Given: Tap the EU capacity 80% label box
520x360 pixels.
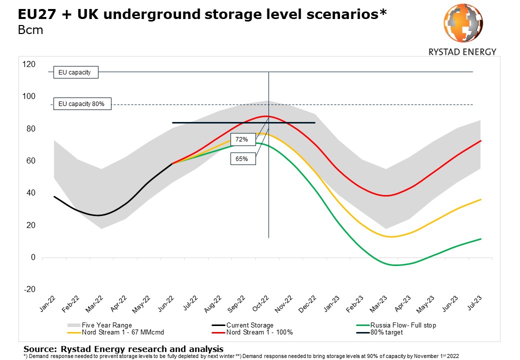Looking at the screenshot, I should click(81, 104).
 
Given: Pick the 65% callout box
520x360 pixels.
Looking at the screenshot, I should click(242, 159).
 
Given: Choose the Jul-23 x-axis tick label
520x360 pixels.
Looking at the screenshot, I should click(471, 303).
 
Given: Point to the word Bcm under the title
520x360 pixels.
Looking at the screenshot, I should click(30, 29).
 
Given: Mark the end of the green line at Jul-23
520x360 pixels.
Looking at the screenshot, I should click(481, 239).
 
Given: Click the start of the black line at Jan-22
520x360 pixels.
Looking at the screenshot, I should click(54, 196).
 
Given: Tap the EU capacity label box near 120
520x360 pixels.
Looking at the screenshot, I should click(75, 72).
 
